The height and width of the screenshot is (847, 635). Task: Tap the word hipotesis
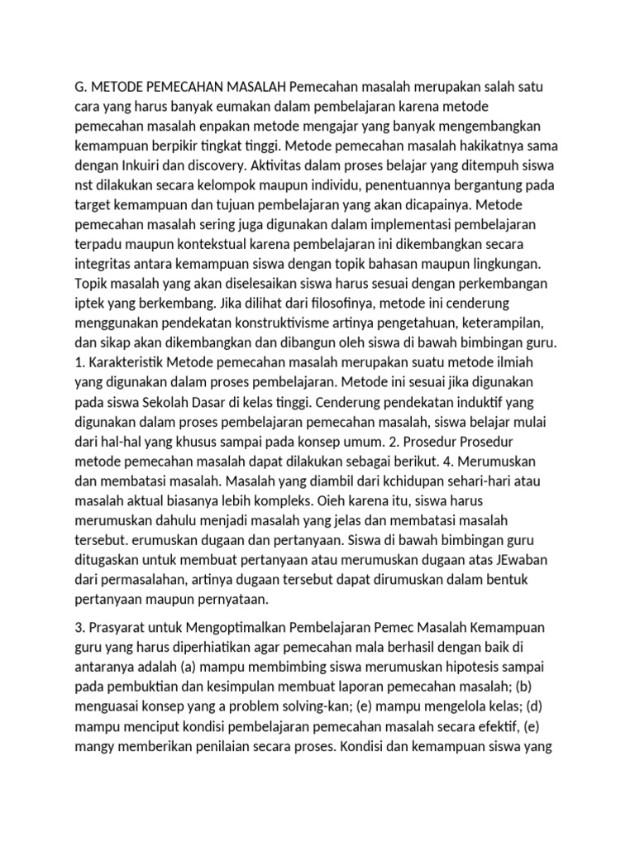click(x=496, y=667)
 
